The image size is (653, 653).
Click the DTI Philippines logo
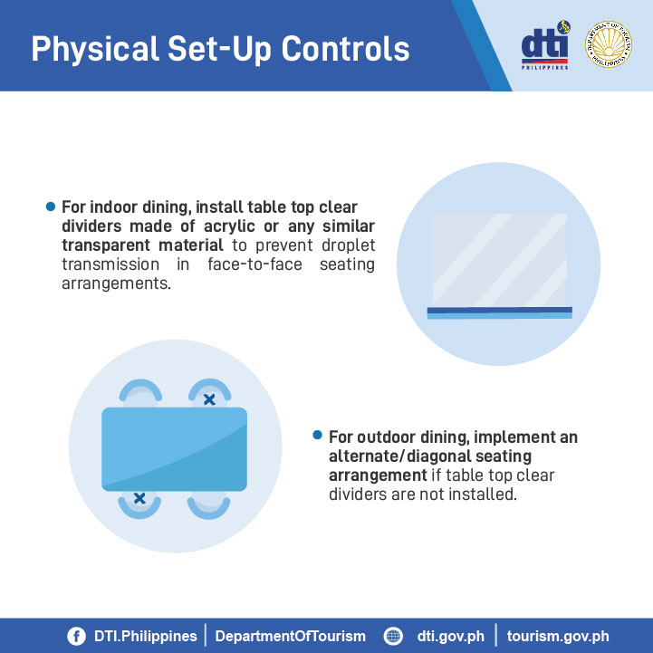545,44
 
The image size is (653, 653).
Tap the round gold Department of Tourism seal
608,44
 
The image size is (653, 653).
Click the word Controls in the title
345,49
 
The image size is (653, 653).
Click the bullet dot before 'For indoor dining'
51,206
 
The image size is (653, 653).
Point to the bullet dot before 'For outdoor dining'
317,436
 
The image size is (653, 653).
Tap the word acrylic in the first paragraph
229,227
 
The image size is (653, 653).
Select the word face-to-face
254,264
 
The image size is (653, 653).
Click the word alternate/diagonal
430,456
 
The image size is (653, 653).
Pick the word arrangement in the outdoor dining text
378,476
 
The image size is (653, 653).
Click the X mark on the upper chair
209,399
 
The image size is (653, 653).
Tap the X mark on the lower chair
139,498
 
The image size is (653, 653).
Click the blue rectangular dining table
175,449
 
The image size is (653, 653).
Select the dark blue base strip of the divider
500,311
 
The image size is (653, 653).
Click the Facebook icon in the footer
77,637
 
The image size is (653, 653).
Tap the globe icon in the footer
393,637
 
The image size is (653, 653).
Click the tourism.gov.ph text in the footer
558,637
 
